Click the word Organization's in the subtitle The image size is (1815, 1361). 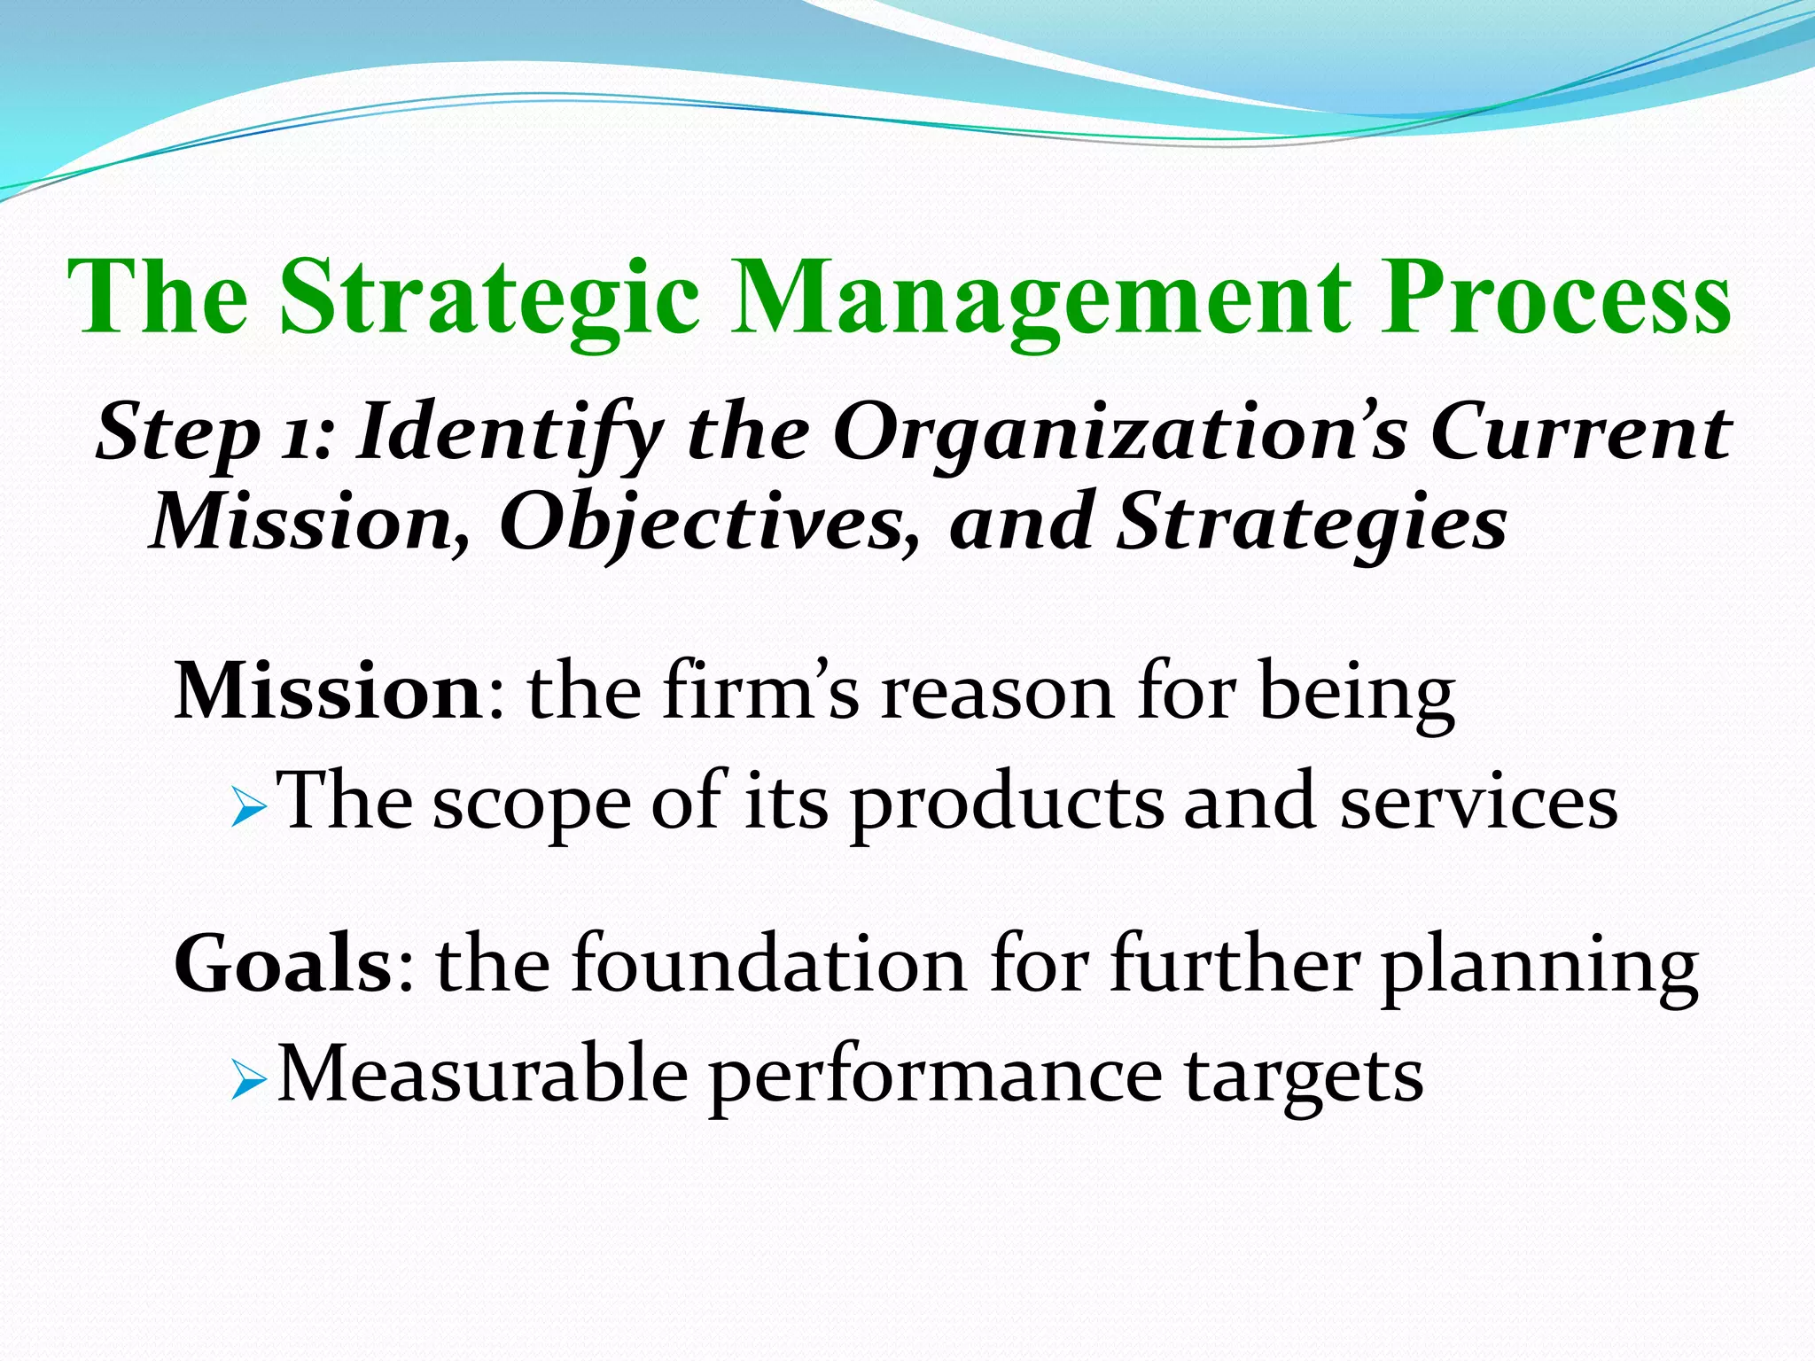[x=1119, y=434]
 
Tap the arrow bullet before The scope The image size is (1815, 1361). [x=247, y=810]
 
